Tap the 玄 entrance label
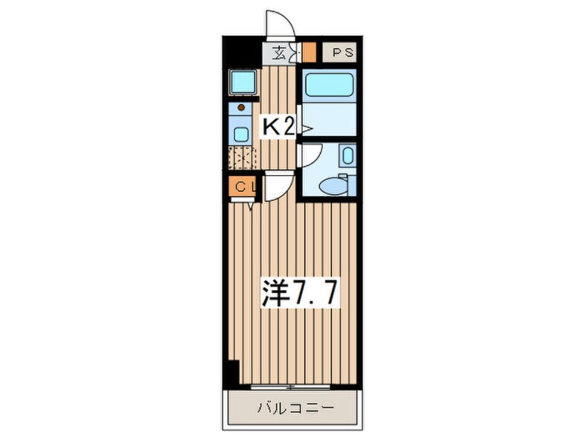point(279,53)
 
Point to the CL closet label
point(243,186)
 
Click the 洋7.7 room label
point(299,295)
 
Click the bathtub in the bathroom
point(329,86)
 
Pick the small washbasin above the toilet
point(348,155)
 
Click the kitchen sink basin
point(241,133)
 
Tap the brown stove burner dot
point(241,107)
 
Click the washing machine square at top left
point(243,82)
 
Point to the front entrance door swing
point(280,24)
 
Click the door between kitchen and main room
point(277,187)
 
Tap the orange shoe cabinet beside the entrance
point(310,53)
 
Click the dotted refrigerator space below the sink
point(243,158)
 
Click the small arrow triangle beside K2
point(306,128)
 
